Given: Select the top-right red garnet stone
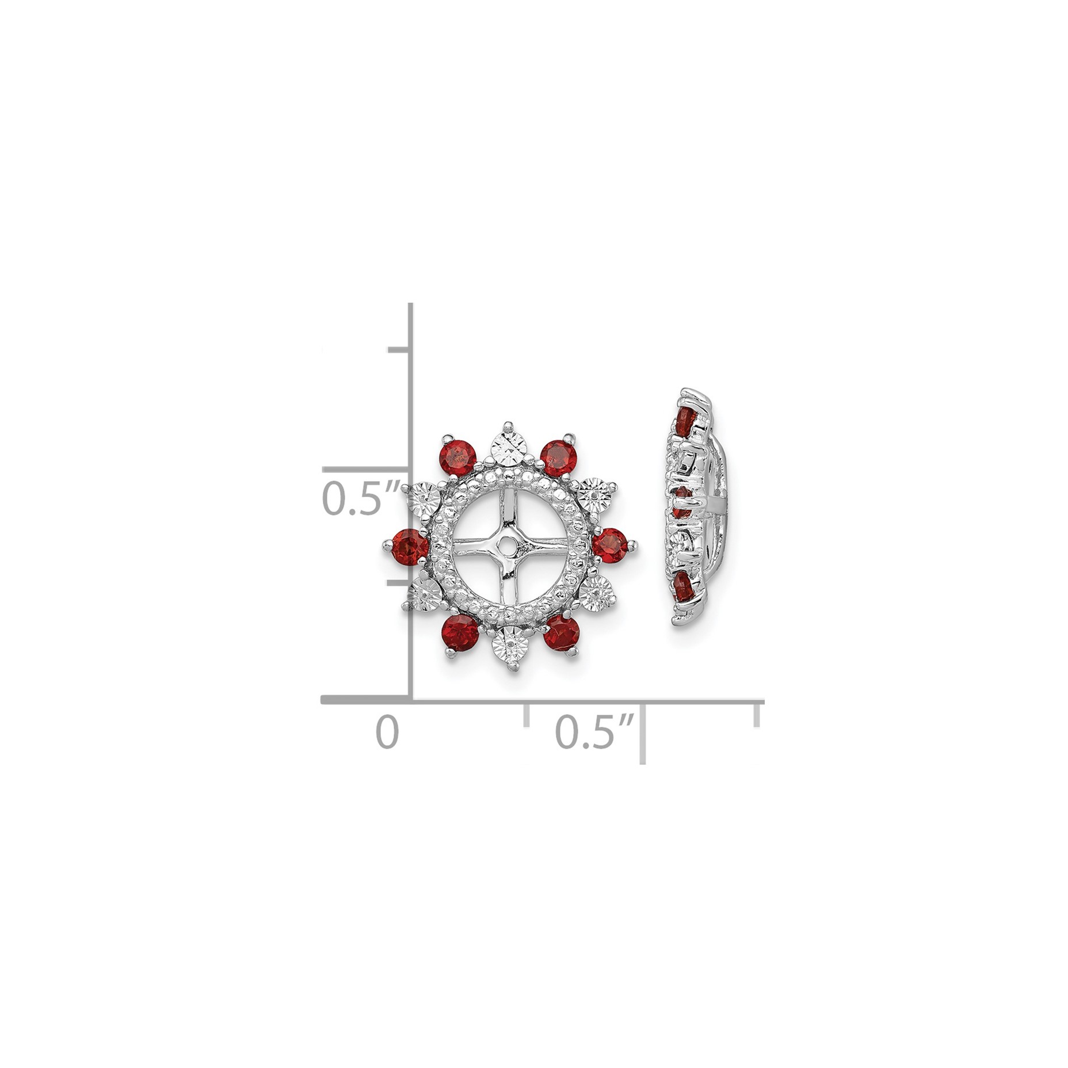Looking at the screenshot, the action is click(x=559, y=458).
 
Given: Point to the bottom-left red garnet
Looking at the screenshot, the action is click(x=460, y=632).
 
